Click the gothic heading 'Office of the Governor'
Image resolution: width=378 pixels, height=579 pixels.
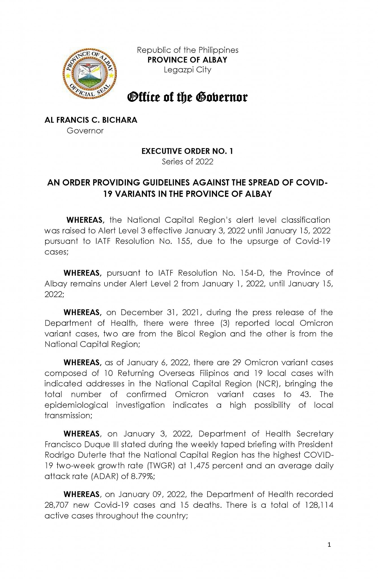pos(187,97)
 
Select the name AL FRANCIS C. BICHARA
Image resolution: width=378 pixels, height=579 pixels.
pos(91,120)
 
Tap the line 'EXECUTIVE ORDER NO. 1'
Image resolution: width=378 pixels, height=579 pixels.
pos(187,151)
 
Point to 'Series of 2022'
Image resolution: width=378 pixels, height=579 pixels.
pos(187,162)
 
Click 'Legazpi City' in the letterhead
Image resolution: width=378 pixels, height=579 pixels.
pos(187,70)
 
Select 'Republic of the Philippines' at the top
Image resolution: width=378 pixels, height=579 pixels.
pos(187,50)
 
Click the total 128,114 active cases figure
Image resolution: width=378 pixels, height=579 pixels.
pos(319,505)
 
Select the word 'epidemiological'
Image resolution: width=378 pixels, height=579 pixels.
pos(76,405)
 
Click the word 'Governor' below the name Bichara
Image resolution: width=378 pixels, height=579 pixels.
pos(85,131)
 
